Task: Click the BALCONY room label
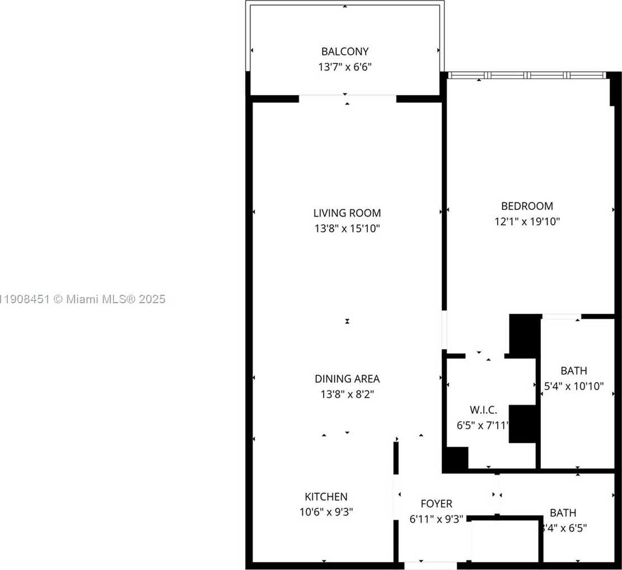pyautogui.click(x=345, y=51)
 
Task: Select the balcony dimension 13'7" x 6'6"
pyautogui.click(x=345, y=67)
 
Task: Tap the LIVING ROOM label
pyautogui.click(x=347, y=213)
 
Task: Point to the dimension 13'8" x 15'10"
pyautogui.click(x=347, y=228)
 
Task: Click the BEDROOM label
pyautogui.click(x=527, y=206)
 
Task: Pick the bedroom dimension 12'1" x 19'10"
pyautogui.click(x=527, y=222)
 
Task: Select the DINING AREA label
pyautogui.click(x=347, y=379)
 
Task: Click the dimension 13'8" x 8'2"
pyautogui.click(x=347, y=394)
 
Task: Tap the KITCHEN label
pyautogui.click(x=326, y=496)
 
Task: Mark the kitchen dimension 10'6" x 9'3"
pyautogui.click(x=326, y=511)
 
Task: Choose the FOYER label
pyautogui.click(x=436, y=503)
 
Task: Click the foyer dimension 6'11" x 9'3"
pyautogui.click(x=436, y=519)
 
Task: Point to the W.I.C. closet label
pyautogui.click(x=483, y=410)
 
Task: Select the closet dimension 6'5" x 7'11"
pyautogui.click(x=483, y=425)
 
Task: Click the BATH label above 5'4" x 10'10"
pyautogui.click(x=574, y=370)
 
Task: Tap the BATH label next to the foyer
pyautogui.click(x=563, y=512)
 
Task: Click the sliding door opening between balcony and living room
pyautogui.click(x=347, y=98)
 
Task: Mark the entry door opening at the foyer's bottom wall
pyautogui.click(x=430, y=566)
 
